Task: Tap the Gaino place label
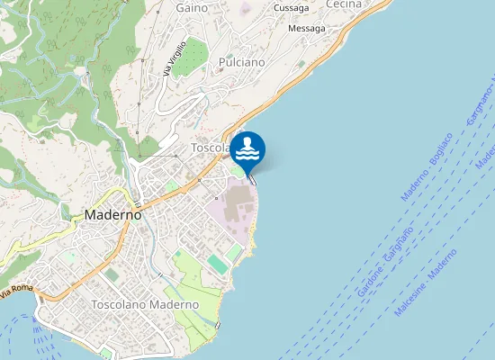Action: point(192,7)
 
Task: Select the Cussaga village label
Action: point(290,8)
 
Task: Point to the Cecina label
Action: point(343,4)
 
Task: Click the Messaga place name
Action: point(306,29)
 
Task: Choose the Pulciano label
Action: point(241,63)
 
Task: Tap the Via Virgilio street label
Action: point(175,58)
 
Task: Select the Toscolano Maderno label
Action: point(145,305)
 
